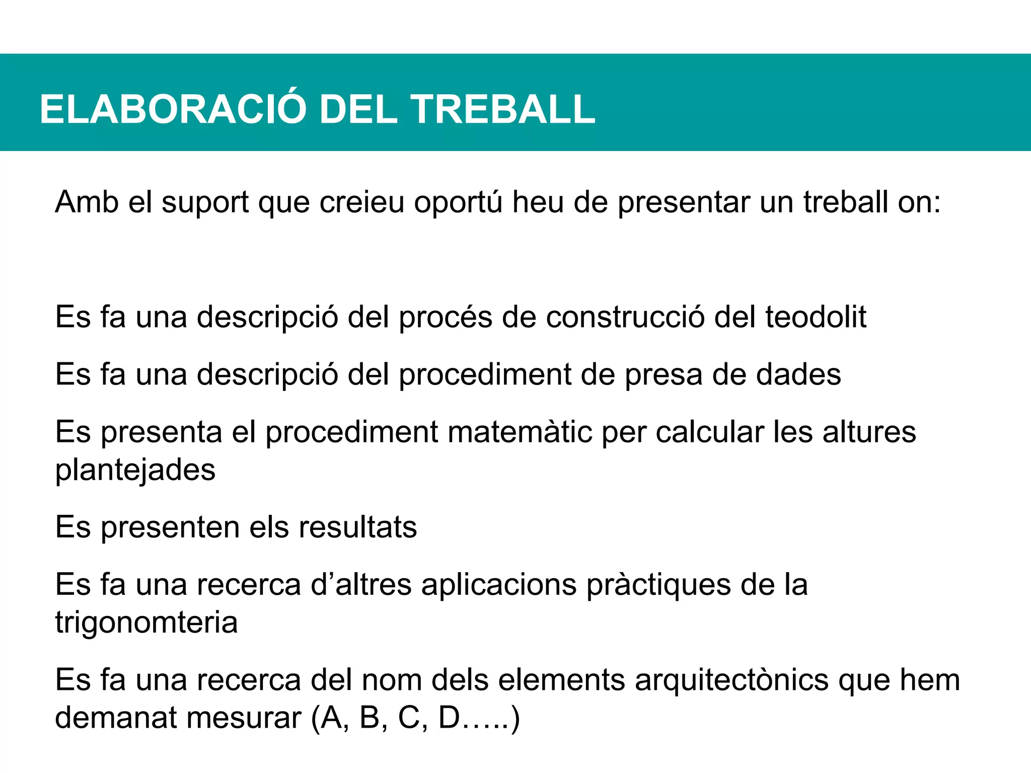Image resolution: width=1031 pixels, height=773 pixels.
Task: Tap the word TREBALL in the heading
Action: [x=503, y=109]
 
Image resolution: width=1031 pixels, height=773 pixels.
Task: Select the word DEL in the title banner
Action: [x=358, y=109]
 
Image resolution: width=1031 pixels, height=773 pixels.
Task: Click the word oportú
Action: [x=458, y=202]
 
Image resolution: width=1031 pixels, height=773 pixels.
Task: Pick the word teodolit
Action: [x=816, y=317]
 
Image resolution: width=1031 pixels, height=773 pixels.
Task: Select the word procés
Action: [x=446, y=318]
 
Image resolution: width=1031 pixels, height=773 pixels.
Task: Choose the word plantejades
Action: [x=135, y=471]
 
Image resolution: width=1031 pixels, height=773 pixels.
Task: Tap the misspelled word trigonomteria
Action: [x=146, y=623]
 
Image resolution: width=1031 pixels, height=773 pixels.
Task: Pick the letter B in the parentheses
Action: [x=370, y=718]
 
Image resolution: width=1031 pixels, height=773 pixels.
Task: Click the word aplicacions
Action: [x=499, y=585]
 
